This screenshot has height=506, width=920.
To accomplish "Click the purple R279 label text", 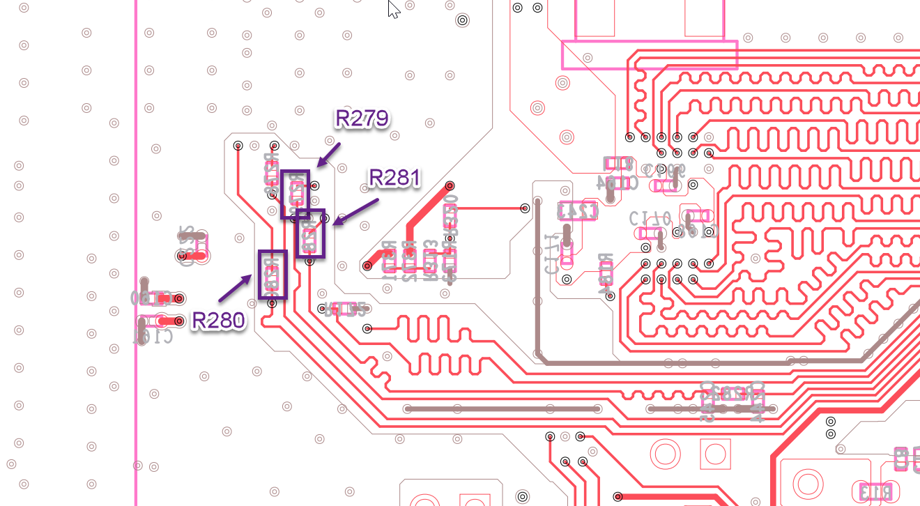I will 361,118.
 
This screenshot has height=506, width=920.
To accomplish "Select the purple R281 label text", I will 394,178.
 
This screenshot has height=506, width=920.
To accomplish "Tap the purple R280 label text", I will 219,321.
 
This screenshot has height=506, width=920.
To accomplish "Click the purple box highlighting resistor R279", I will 296,194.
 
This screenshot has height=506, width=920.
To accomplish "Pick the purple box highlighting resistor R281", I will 310,233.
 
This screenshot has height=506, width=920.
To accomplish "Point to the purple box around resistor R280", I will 273,275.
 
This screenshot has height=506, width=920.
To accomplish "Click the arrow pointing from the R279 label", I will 328,155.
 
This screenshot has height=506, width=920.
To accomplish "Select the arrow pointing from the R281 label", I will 355,211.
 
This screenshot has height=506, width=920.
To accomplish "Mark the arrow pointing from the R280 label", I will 235,289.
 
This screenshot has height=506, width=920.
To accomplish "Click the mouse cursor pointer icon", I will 394,9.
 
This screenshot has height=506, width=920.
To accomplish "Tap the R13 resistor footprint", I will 876,491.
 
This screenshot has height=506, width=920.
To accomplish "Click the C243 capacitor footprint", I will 578,210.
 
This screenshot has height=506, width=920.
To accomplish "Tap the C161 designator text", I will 153,337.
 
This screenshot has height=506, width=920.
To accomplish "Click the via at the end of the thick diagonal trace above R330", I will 450,186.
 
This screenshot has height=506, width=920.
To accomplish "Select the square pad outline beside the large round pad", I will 714,454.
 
